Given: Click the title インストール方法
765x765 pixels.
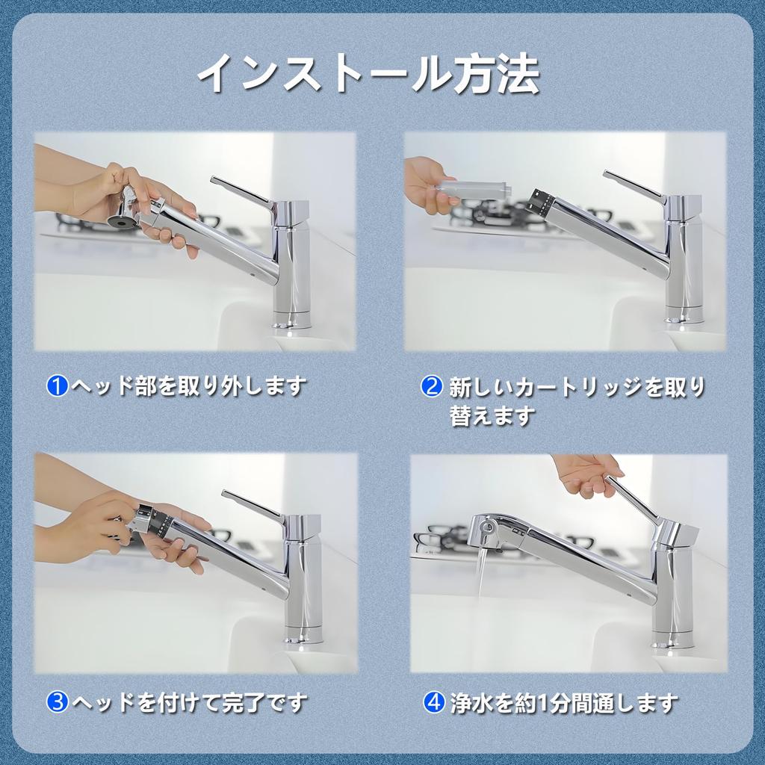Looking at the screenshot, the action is (x=368, y=74).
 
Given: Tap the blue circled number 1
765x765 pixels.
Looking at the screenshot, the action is (x=57, y=386).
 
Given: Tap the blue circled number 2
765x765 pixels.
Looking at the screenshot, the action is (x=431, y=386).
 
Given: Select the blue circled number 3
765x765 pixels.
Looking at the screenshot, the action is (x=57, y=701).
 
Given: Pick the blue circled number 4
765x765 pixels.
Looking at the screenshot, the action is (x=434, y=702).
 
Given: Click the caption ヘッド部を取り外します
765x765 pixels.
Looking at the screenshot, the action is (x=189, y=386).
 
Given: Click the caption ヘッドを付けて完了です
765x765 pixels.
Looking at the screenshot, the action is (x=190, y=702).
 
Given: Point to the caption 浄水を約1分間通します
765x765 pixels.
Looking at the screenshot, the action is (x=564, y=703).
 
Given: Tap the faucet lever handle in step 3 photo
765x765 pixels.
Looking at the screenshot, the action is (x=254, y=506).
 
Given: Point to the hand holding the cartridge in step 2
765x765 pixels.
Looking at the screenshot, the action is (x=424, y=185).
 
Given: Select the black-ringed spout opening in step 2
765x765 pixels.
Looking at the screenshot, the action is (x=542, y=201).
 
